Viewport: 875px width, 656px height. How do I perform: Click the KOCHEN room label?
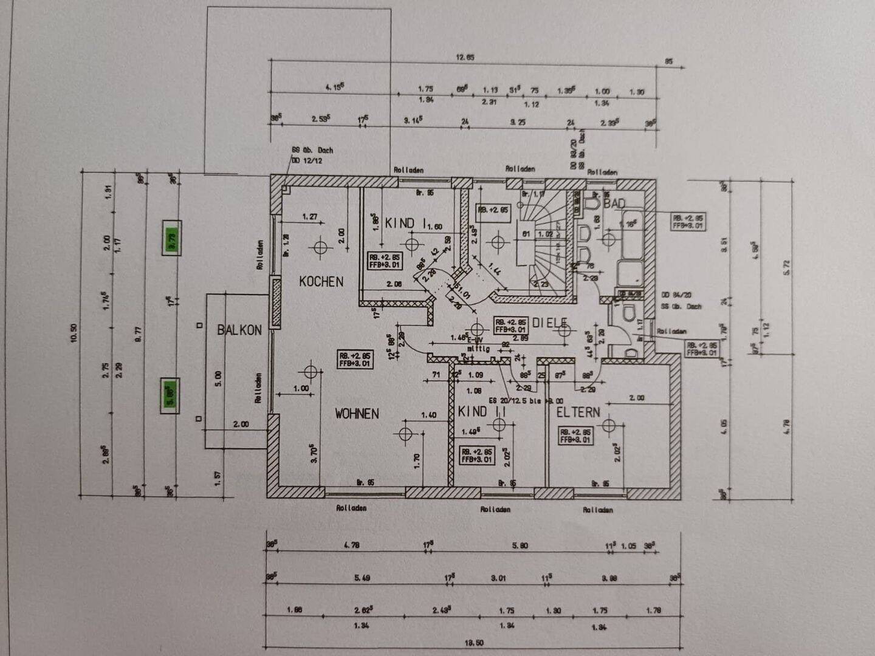click(321, 281)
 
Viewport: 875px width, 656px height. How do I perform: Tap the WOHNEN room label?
click(357, 414)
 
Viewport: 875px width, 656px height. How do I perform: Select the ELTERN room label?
click(578, 412)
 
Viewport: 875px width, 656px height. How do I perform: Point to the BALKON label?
click(239, 330)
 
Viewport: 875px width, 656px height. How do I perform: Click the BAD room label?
click(614, 203)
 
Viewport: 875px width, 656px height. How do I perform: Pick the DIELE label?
click(549, 324)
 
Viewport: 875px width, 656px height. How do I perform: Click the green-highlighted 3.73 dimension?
click(171, 237)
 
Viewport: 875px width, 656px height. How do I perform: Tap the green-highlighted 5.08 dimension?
click(170, 395)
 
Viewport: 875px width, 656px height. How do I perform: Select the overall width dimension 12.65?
click(465, 58)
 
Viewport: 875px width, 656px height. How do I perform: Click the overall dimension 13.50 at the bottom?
click(473, 642)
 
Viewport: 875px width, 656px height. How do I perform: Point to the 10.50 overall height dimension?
click(74, 333)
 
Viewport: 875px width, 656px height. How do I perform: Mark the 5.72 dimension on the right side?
click(787, 267)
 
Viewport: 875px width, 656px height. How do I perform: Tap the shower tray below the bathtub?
click(630, 274)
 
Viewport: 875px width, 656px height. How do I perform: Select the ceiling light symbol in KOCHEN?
click(320, 247)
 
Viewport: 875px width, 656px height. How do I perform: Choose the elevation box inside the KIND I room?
click(384, 261)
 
